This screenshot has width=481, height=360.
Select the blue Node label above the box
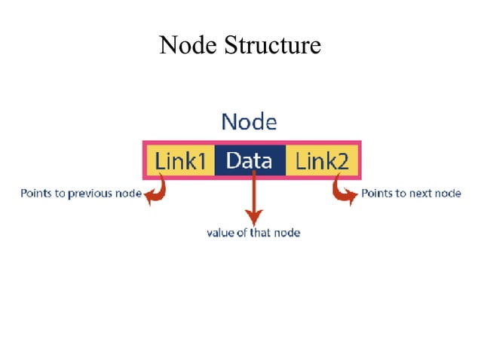pyautogui.click(x=249, y=121)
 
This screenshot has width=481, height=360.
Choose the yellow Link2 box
pyautogui.click(x=320, y=160)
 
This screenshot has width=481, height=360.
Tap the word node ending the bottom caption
pyautogui.click(x=287, y=233)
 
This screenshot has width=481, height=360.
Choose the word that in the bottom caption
pyautogui.click(x=261, y=233)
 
